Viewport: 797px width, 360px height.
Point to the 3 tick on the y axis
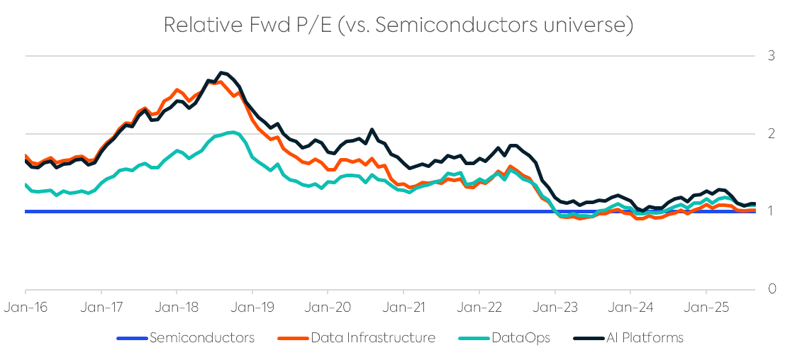click(x=771, y=56)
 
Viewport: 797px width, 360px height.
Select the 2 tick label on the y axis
click(x=771, y=134)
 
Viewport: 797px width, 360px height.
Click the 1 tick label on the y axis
click(x=771, y=211)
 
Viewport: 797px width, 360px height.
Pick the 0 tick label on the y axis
click(x=771, y=289)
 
